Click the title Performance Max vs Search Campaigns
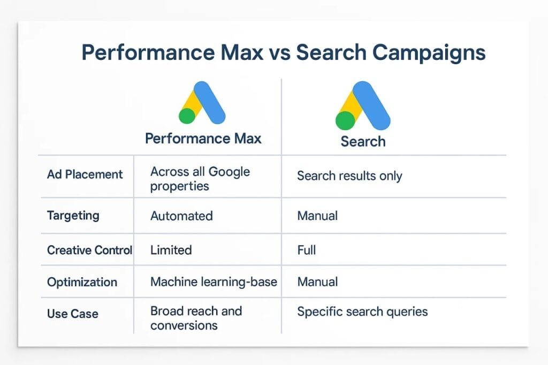pos(284,53)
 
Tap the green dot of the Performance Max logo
pos(187,116)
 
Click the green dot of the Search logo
pos(345,120)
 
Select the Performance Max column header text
pos(203,139)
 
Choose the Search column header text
pos(363,142)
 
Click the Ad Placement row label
pos(85,174)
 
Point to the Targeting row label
pos(73,216)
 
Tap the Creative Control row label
pos(89,250)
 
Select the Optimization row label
pos(82,282)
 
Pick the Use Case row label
pos(73,314)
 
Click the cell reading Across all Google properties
pos(200,179)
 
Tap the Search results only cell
pos(349,176)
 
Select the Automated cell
pos(181,216)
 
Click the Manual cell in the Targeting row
pos(317,216)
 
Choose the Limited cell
pos(171,250)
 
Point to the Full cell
pos(307,250)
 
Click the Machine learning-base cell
pos(214,282)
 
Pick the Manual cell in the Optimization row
pos(317,282)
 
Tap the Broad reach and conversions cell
pos(196,318)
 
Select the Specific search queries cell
pos(362,311)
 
